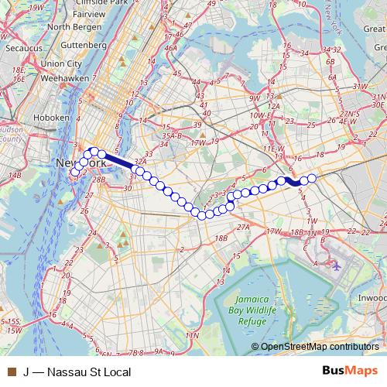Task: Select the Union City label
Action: tap(63, 63)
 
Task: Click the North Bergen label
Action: tap(69, 26)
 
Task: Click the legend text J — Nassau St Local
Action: tap(76, 372)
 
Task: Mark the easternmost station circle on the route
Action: tap(312, 179)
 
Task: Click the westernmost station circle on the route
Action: tap(74, 173)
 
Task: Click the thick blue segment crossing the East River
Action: tap(118, 161)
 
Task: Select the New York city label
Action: tap(80, 164)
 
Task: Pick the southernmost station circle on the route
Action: tap(202, 214)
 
